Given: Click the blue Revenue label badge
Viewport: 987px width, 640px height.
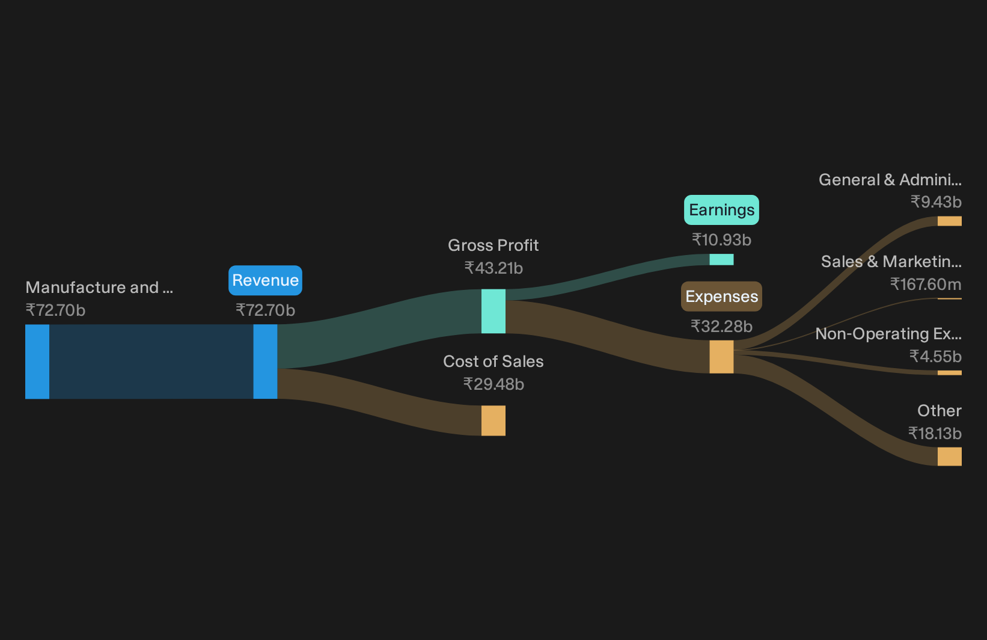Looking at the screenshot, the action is coord(265,280).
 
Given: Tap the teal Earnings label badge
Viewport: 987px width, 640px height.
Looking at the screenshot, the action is coord(721,210).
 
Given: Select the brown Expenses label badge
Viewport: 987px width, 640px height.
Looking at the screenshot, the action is coord(721,297).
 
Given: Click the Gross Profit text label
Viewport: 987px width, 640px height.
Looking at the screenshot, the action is coord(493,245).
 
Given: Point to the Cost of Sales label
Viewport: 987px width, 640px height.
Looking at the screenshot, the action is coord(493,362).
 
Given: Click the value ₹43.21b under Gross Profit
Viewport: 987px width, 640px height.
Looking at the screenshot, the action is coord(493,268).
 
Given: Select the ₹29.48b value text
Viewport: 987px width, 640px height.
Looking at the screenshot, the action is coord(493,384).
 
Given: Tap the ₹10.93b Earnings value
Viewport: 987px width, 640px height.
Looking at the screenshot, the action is coord(721,240).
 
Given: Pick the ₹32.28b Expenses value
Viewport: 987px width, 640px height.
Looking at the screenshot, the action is coord(721,327).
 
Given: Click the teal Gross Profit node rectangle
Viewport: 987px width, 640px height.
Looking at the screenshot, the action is coord(493,312).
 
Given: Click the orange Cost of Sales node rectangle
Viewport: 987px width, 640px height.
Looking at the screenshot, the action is coord(493,421).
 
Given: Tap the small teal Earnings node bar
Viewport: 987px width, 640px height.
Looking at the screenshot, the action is coord(721,259).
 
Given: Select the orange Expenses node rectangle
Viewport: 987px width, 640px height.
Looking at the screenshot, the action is coord(721,357).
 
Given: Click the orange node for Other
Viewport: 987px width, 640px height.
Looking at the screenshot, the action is coord(950,457).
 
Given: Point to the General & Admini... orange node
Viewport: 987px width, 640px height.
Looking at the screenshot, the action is coord(950,221).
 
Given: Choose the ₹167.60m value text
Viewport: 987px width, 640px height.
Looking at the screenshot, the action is coord(926,285).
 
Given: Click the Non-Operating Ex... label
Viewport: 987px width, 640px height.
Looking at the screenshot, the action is coord(888,334).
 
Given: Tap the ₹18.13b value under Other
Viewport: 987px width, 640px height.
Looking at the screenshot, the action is coord(935,434).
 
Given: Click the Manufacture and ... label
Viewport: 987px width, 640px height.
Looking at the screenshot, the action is coord(99,288).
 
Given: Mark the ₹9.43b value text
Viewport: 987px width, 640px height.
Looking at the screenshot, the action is coord(936,202).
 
